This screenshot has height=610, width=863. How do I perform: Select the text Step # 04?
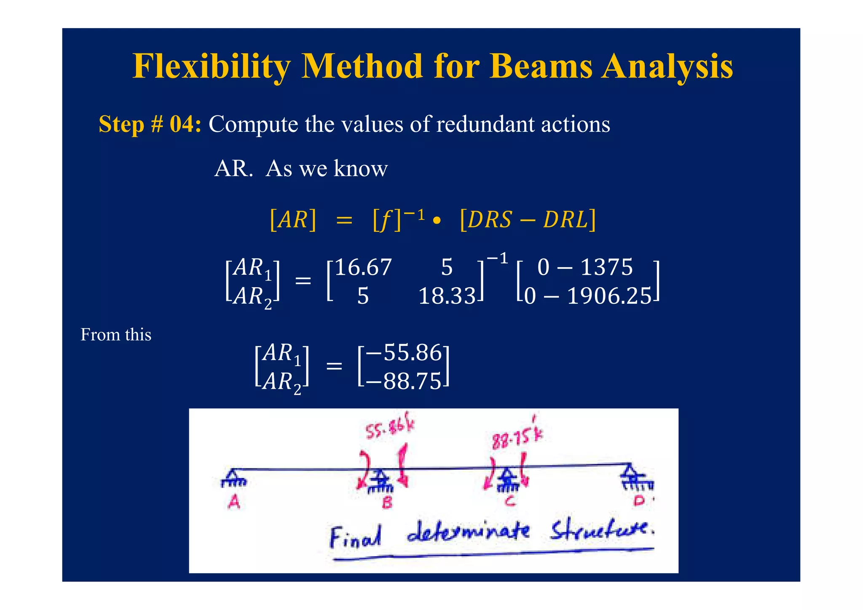(x=150, y=125)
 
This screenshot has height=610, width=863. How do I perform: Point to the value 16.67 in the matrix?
(x=363, y=268)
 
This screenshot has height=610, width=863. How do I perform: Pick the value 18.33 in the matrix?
(x=447, y=296)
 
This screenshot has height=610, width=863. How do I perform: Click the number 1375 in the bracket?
(x=606, y=268)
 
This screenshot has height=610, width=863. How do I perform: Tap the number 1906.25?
(x=609, y=296)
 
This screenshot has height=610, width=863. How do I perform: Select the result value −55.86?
(x=404, y=353)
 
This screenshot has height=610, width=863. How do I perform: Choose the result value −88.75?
(x=404, y=382)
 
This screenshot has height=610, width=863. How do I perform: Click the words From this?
(x=116, y=335)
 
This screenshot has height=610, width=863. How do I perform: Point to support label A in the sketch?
(x=234, y=502)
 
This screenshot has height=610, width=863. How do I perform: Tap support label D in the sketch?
(x=639, y=501)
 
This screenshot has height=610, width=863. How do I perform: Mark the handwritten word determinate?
(x=468, y=532)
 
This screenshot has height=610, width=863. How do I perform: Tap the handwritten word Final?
(x=355, y=537)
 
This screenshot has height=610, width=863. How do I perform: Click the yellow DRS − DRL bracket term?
(x=528, y=220)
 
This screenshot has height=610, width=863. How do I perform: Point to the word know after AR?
(x=360, y=169)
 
